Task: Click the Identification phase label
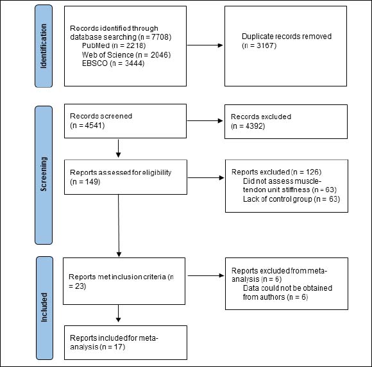click(x=44, y=46)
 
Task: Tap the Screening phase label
click(x=44, y=174)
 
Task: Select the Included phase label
click(x=44, y=307)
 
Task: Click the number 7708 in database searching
click(x=160, y=37)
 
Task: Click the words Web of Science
click(x=108, y=54)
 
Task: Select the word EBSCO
click(x=95, y=63)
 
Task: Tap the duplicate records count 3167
click(x=266, y=45)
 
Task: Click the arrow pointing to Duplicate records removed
click(x=205, y=45)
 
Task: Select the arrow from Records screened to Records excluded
click(x=205, y=121)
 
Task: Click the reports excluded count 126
click(x=312, y=172)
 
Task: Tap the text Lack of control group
click(x=277, y=199)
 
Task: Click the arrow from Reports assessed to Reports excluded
click(x=206, y=177)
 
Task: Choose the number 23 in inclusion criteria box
click(x=80, y=286)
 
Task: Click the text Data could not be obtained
click(x=287, y=288)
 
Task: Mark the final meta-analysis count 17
click(x=119, y=347)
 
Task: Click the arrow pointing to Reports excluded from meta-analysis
click(x=206, y=275)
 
